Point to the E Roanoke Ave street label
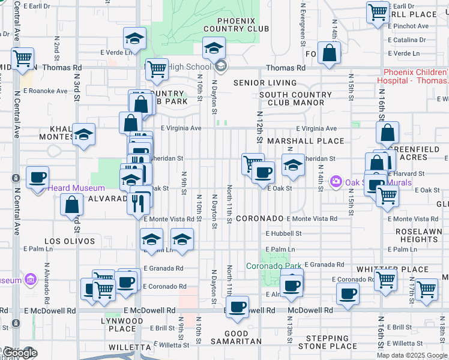[46, 91]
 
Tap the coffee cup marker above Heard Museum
[38, 178]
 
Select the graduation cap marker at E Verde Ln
[135, 39]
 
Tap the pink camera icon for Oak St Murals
[336, 181]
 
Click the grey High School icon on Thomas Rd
[220, 66]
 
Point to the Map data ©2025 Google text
[412, 355]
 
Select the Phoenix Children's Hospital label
[413, 76]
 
